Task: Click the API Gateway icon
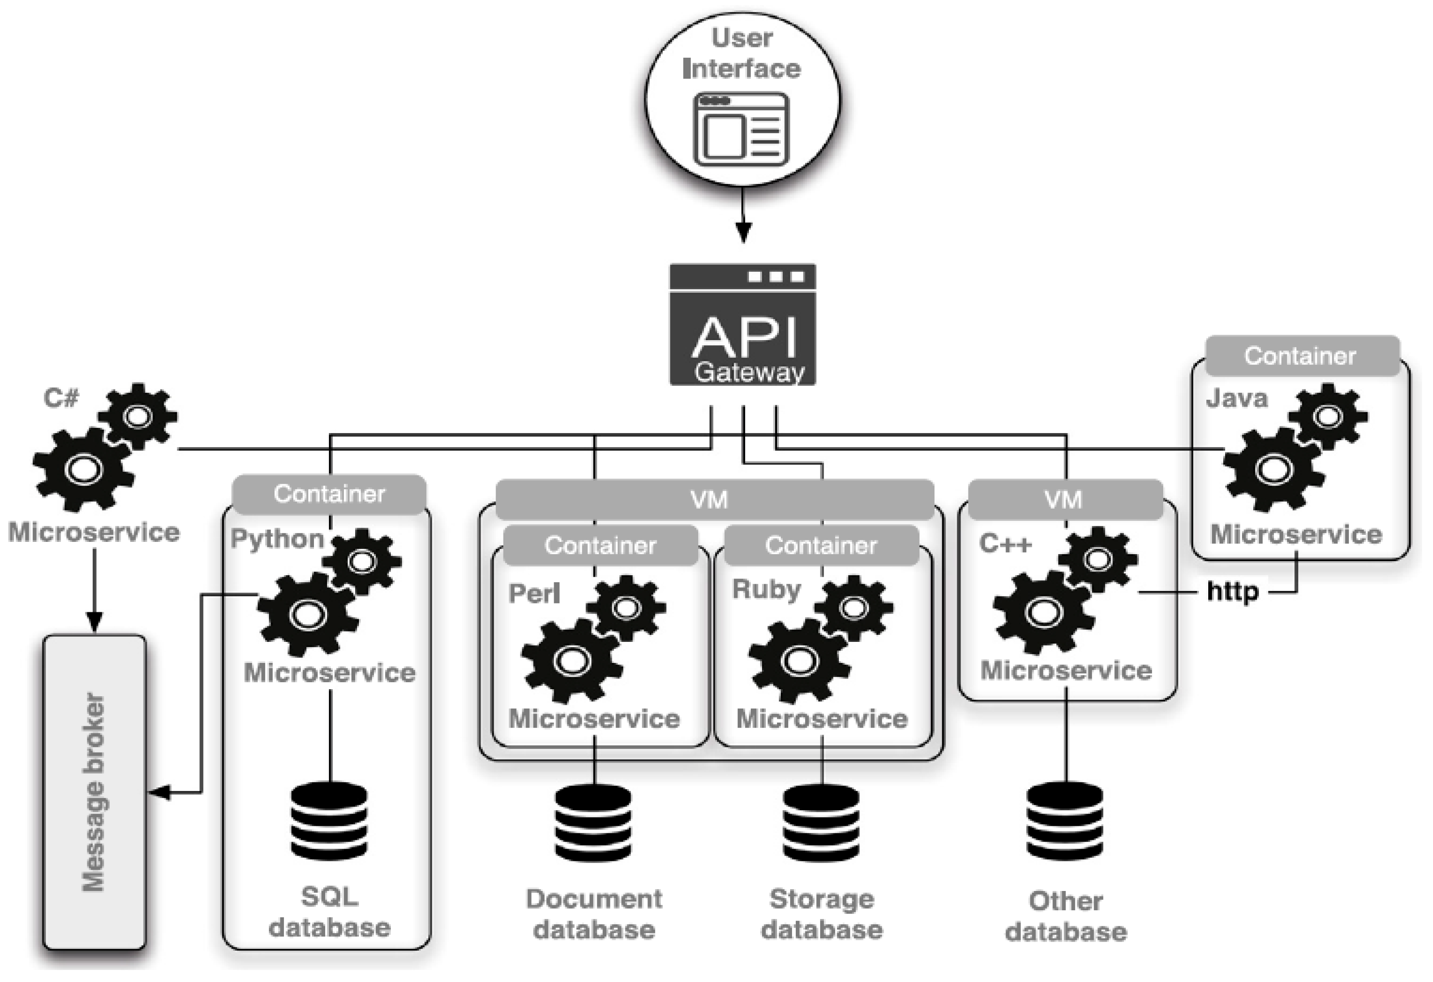point(742,325)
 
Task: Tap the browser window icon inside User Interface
point(742,129)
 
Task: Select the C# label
point(61,397)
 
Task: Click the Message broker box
point(94,792)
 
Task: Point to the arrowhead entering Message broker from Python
point(159,792)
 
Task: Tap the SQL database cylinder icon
point(329,821)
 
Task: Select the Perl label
point(534,594)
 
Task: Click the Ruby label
point(766,589)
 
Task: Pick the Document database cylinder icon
point(593,823)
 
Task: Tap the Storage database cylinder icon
point(821,823)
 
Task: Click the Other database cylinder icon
point(1065,821)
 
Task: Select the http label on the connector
point(1232,592)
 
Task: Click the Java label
point(1237,398)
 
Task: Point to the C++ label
point(1005,544)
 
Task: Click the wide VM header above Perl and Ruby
point(714,499)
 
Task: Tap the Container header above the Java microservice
point(1302,356)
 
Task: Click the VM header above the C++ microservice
point(1065,499)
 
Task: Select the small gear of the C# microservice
point(138,416)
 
